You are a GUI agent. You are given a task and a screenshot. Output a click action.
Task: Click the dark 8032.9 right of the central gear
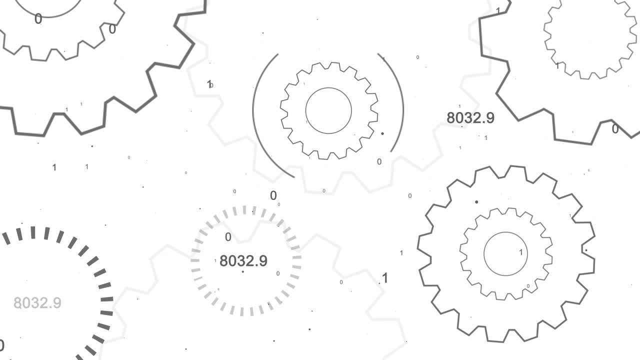470,118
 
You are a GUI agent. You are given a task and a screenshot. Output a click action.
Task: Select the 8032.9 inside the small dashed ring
243,260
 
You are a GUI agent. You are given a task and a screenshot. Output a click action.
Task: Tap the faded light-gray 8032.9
37,303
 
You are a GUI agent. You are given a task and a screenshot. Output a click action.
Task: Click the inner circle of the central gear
328,110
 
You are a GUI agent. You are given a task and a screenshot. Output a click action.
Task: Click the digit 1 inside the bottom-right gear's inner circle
520,252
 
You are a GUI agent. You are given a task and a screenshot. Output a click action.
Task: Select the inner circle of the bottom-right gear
506,253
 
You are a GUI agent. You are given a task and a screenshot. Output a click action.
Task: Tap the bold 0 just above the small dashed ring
273,195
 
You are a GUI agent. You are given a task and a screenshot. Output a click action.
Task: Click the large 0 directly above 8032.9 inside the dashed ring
228,237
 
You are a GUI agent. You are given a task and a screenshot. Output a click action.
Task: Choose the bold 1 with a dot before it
384,278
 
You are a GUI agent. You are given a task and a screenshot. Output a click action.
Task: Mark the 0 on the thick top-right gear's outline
615,129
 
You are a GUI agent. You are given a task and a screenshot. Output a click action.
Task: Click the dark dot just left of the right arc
382,133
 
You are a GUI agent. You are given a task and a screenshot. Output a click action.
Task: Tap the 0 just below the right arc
379,161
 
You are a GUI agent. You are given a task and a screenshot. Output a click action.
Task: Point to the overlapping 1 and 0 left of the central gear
209,84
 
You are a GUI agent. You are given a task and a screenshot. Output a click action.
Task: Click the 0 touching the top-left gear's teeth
112,29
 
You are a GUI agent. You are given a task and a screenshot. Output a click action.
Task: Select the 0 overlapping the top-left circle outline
38,19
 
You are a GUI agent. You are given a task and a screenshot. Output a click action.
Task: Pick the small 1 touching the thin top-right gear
557,65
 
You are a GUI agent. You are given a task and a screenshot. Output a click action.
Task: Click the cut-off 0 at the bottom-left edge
1,345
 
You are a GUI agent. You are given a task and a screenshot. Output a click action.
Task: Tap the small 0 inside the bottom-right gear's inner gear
528,286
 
